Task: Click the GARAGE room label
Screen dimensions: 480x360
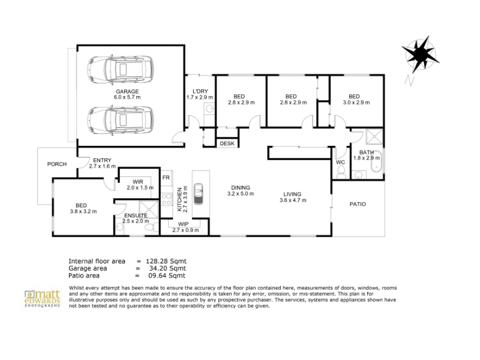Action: (127, 91)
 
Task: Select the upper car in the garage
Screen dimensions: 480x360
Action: (121, 68)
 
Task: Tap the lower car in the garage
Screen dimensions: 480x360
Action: (121, 120)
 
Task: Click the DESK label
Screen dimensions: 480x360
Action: (227, 143)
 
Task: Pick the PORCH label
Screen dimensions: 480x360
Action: (57, 164)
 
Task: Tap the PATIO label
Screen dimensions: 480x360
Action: (358, 204)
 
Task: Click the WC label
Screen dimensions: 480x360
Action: (340, 162)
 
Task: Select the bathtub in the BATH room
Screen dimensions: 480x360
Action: (376, 161)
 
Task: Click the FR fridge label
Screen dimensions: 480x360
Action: (166, 178)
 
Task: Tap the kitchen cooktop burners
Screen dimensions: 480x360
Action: (167, 199)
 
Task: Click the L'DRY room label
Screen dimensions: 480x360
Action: (200, 91)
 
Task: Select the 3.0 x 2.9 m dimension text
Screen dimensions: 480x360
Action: (356, 103)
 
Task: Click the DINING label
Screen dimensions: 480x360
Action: (241, 188)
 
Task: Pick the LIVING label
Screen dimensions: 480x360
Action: (292, 194)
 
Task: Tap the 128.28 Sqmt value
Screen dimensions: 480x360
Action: (166, 261)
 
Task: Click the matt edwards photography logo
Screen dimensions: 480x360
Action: (42, 298)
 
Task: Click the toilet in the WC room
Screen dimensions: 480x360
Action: (340, 174)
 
